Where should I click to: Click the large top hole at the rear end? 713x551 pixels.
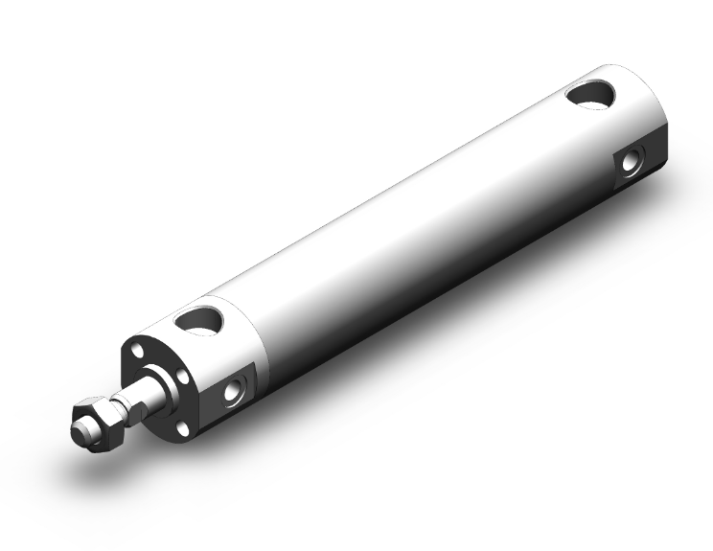590,92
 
